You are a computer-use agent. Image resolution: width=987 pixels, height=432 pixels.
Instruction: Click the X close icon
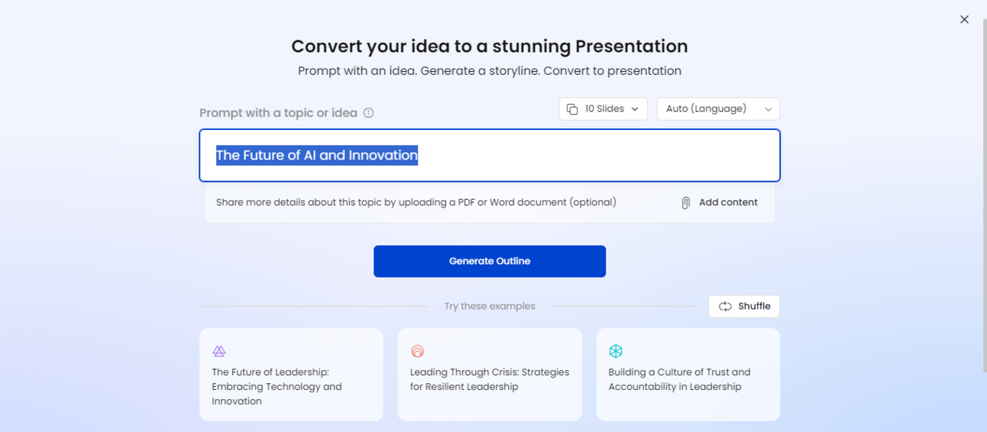coord(964,19)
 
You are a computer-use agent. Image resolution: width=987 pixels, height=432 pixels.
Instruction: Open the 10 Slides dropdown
coord(604,109)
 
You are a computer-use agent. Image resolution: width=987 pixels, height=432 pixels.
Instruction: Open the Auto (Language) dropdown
coord(718,109)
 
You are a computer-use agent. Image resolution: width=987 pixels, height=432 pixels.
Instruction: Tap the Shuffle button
coord(744,307)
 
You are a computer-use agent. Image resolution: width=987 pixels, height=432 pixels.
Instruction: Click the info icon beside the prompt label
coord(368,113)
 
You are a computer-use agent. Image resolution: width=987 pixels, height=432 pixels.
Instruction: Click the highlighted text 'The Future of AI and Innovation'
coord(317,155)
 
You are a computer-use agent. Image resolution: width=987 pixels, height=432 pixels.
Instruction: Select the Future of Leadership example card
coord(291,374)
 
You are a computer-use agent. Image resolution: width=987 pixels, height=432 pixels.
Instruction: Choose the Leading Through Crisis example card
coord(490,374)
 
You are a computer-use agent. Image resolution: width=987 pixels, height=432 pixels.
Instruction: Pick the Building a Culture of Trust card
coord(688,374)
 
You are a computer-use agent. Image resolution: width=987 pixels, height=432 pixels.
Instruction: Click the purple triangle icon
coord(219,351)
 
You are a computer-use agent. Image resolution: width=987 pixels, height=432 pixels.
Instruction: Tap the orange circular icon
coord(417,351)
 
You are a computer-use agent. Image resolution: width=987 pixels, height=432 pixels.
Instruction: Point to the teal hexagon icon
coord(616,351)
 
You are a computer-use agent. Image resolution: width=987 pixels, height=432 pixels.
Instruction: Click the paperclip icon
coord(685,203)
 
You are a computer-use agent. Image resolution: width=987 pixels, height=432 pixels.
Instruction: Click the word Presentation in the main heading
coord(632,47)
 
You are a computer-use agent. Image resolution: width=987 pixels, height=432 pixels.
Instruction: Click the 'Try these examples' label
coord(490,307)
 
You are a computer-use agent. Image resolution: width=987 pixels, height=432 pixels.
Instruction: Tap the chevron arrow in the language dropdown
coord(769,109)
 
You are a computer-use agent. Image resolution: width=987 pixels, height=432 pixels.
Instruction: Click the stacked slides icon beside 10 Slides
coord(572,109)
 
